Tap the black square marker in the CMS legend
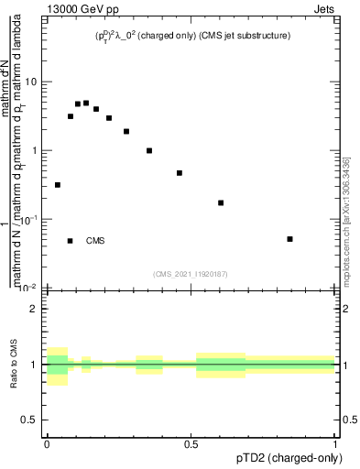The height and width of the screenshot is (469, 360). coord(70,241)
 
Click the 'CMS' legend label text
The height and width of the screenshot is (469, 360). coord(95,241)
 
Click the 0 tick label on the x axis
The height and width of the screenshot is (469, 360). coord(46,443)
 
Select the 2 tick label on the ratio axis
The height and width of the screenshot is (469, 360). coord(35,310)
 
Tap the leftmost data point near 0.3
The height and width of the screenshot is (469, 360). coord(58,185)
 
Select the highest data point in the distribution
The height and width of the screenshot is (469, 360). coord(86,103)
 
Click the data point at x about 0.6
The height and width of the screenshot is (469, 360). coord(221,202)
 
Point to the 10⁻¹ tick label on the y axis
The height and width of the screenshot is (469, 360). coord(29,219)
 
